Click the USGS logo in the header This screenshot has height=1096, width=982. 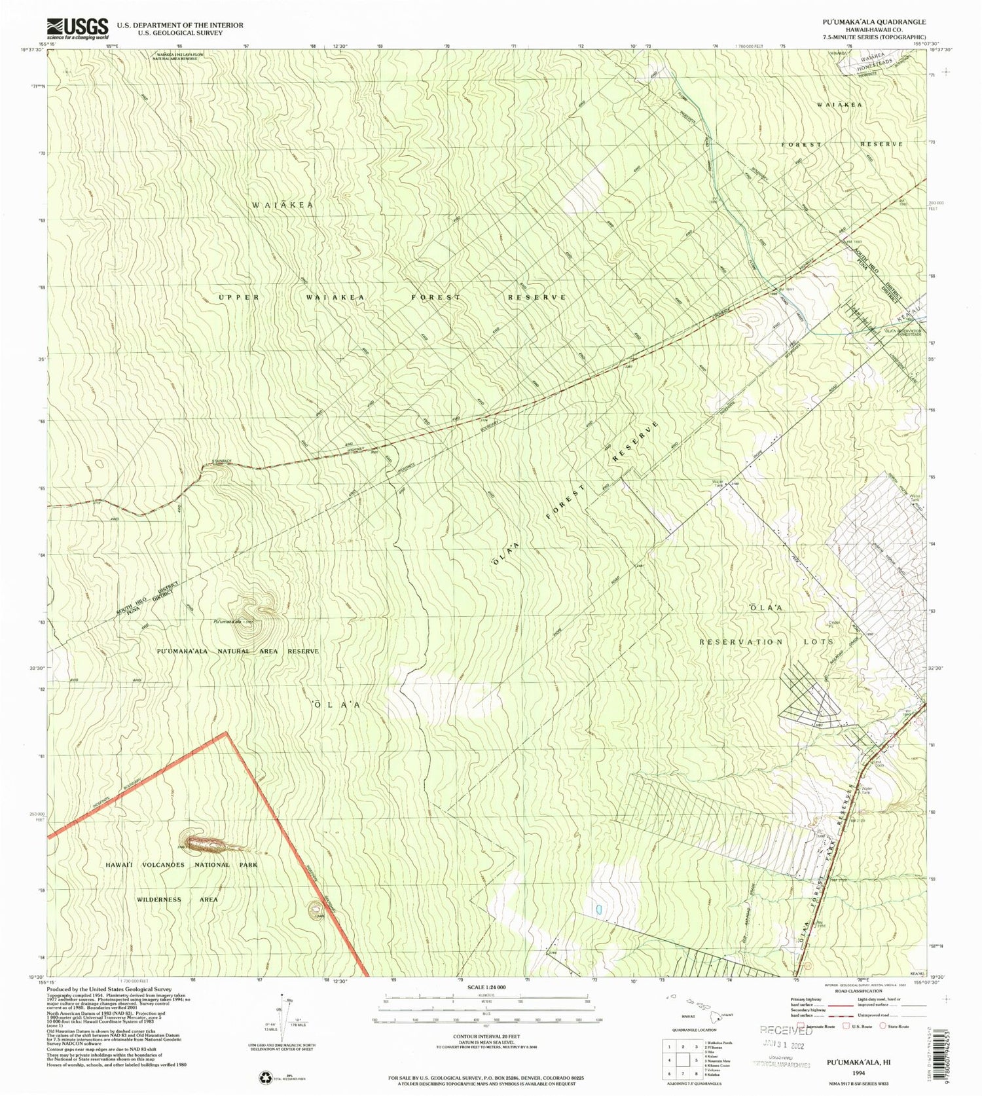point(77,27)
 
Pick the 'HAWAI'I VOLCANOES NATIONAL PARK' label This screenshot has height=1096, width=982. point(181,865)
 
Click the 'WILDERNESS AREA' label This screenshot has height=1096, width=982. point(177,900)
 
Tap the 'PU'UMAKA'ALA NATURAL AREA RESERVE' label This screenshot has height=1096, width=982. point(237,651)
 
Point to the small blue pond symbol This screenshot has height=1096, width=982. point(598,909)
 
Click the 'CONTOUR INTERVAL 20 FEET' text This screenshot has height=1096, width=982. point(486,1036)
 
